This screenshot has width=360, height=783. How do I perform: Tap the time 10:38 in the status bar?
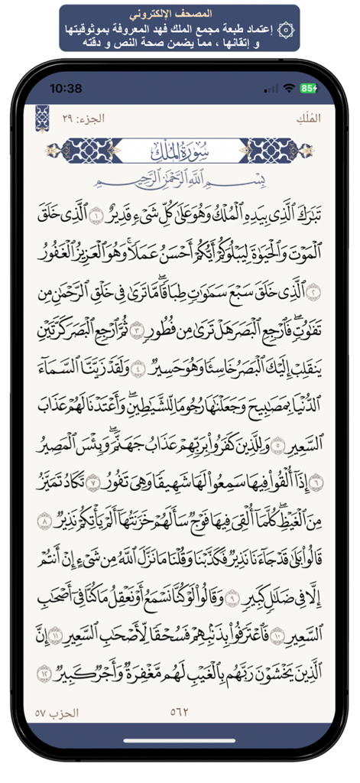66,88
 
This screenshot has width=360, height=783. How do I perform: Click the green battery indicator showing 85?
309,88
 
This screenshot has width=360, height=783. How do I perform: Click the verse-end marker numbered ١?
96,214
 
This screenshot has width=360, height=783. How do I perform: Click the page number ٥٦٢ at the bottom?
180,713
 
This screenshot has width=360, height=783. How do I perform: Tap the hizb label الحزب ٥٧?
58,713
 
